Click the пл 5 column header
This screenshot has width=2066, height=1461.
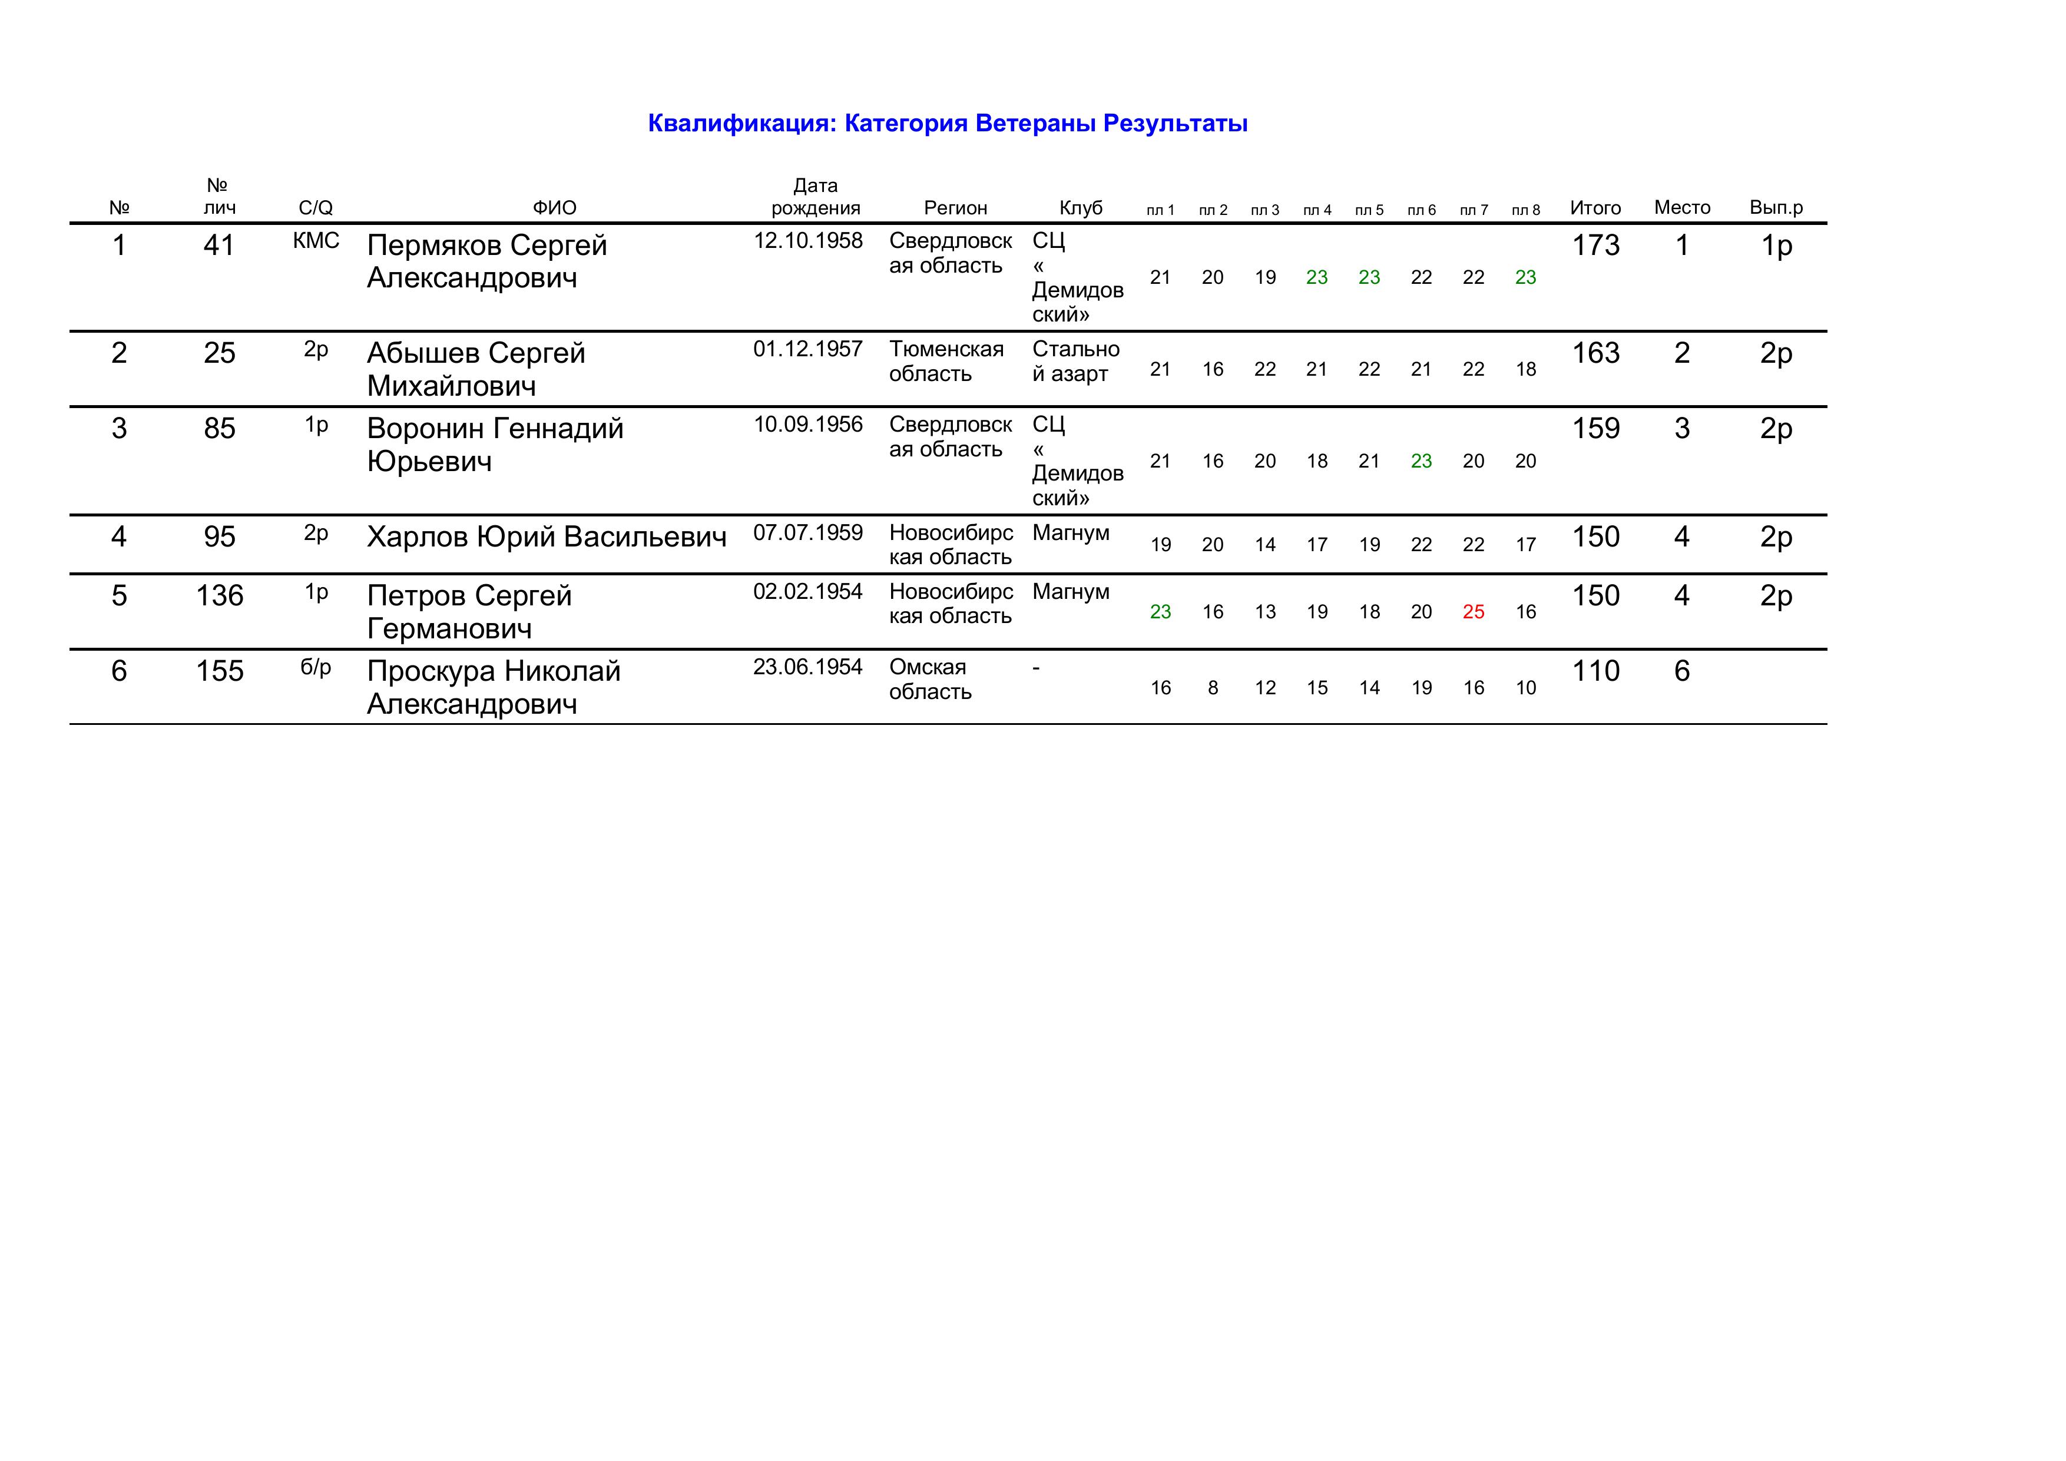point(1369,210)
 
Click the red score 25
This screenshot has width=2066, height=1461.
point(1473,612)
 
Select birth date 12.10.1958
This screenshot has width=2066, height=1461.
point(807,241)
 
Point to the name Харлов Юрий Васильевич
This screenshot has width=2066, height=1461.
point(546,537)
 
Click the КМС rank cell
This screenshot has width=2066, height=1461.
point(316,241)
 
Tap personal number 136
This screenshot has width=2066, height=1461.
point(220,595)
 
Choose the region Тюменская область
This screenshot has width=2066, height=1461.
point(946,362)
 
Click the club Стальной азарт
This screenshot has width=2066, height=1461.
point(1075,362)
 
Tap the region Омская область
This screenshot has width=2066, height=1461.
point(929,679)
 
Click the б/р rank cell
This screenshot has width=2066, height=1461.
point(316,668)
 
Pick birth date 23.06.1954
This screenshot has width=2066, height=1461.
point(807,668)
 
